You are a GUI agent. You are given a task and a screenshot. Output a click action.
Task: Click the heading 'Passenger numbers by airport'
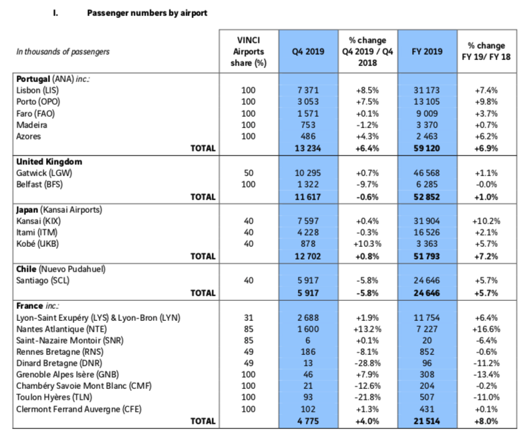point(147,13)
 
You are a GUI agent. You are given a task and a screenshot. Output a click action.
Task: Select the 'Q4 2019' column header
point(308,51)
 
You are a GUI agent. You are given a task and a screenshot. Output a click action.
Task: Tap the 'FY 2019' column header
point(427,51)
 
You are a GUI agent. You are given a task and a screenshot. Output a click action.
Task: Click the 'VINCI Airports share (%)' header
point(248,51)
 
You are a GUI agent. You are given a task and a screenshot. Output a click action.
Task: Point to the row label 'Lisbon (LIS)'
point(37,90)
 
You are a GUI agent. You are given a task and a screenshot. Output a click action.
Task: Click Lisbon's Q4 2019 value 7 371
point(308,90)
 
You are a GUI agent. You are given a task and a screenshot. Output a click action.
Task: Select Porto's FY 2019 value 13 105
point(427,101)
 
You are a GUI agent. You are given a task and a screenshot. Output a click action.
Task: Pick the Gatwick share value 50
point(248,173)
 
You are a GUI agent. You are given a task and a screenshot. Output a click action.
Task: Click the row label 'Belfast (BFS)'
point(39,185)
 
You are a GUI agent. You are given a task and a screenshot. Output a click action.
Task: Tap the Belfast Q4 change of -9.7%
point(367,185)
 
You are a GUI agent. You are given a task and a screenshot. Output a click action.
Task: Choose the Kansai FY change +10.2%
point(486,221)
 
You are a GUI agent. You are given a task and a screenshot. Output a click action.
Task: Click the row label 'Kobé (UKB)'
point(37,244)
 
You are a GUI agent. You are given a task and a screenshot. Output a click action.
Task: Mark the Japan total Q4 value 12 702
point(308,256)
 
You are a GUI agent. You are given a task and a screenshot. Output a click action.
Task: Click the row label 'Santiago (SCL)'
point(43,280)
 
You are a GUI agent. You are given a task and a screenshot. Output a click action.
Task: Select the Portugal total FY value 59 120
point(427,148)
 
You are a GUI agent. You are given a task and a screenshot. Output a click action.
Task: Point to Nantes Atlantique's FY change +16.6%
point(486,330)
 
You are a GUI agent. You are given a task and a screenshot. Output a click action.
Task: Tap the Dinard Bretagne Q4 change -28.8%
point(367,363)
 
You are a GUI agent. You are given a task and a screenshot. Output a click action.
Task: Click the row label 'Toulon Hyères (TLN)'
point(54,397)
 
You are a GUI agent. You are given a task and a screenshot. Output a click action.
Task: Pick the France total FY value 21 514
point(427,421)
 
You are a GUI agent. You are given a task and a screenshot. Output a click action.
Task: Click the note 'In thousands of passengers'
point(63,52)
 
